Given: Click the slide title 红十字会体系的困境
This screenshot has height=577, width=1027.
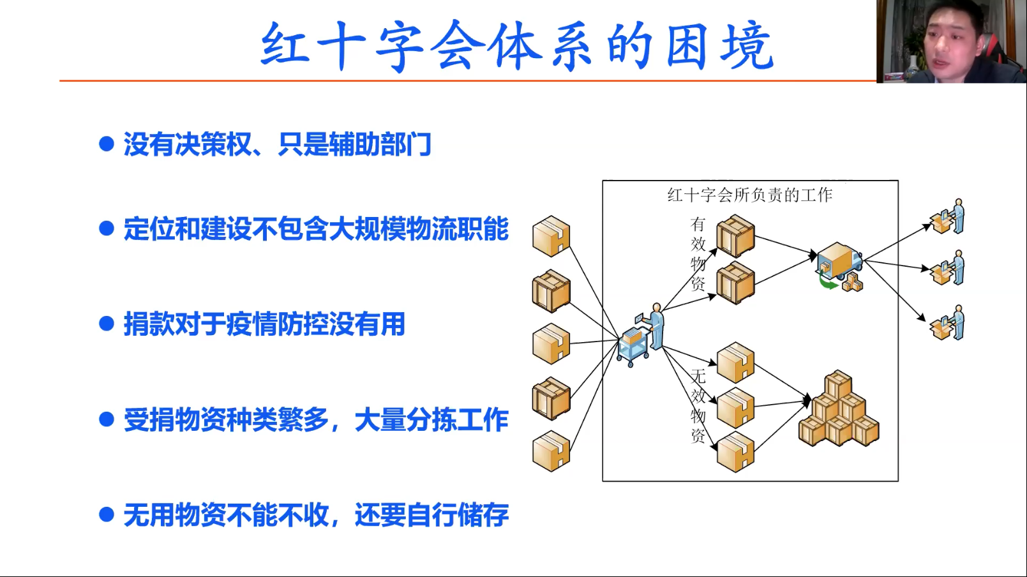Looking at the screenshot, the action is click(x=517, y=46).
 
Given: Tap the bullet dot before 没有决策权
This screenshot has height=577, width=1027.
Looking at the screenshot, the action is click(x=107, y=144).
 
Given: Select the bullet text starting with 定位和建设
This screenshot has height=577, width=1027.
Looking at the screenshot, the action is click(x=316, y=229).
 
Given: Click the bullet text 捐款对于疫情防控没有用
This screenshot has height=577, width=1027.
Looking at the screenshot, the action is click(x=264, y=324).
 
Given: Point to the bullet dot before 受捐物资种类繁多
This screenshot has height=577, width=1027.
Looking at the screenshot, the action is click(x=107, y=419).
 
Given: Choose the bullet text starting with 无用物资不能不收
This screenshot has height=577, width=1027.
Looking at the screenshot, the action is click(x=316, y=514).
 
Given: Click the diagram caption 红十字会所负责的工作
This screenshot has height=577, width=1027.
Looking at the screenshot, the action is click(x=749, y=195).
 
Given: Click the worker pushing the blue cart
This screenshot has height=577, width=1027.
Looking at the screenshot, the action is click(x=640, y=334).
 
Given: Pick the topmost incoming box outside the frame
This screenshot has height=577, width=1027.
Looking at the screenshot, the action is click(x=551, y=236).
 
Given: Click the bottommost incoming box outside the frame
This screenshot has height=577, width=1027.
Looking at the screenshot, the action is click(x=551, y=451).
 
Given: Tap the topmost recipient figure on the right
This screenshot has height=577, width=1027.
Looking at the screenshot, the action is click(x=947, y=217).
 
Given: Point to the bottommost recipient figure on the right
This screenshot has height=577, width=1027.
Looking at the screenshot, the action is click(x=947, y=323).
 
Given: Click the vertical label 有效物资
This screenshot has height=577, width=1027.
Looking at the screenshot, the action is click(x=698, y=254).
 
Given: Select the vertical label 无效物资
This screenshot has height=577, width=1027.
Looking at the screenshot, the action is click(x=698, y=406).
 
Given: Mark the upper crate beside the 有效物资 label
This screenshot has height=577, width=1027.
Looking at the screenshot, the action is click(x=735, y=236).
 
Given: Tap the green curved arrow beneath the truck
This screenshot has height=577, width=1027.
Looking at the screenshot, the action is click(x=828, y=282).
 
